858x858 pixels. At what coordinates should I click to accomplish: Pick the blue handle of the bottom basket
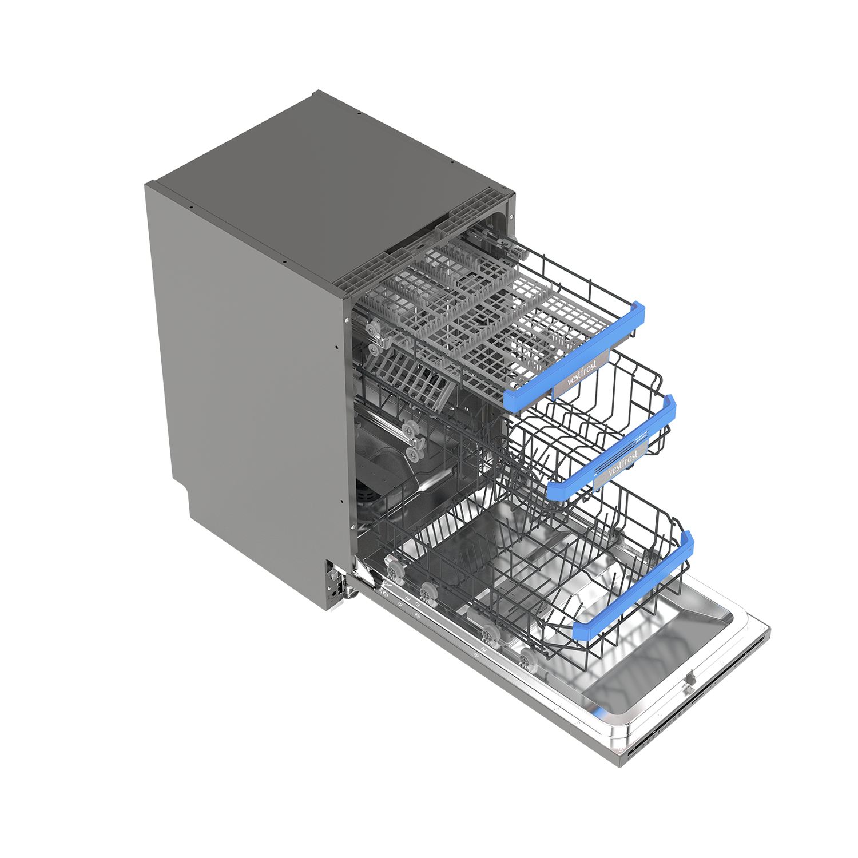(635, 583)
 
